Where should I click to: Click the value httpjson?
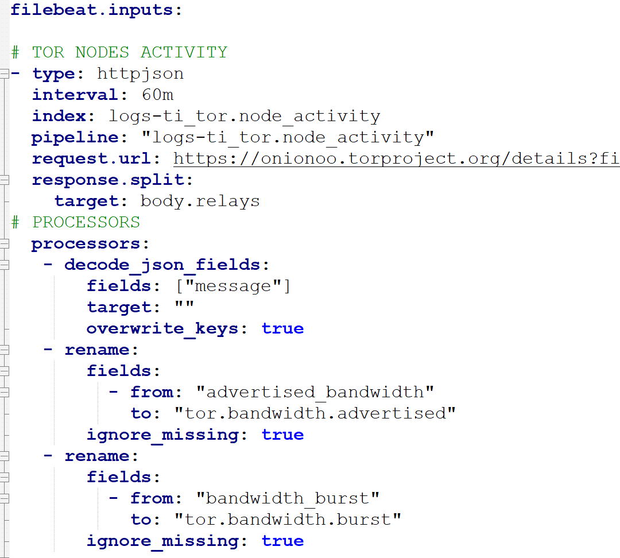[x=141, y=74]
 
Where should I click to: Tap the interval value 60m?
[x=157, y=95]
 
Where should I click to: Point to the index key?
[x=59, y=117]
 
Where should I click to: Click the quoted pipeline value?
[x=288, y=138]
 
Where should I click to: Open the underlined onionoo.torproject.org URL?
[x=396, y=158]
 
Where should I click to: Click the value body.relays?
[x=200, y=201]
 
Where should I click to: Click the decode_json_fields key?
[x=162, y=265]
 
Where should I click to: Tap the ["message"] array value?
[x=233, y=286]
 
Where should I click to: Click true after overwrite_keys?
[x=282, y=328]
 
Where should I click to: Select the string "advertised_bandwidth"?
[x=315, y=392]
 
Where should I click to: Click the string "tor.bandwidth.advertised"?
[x=315, y=414]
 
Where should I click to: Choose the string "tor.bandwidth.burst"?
[x=288, y=520]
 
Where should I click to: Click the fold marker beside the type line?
[x=5, y=74]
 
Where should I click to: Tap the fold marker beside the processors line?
[x=5, y=244]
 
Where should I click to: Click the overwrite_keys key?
[x=162, y=329]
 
